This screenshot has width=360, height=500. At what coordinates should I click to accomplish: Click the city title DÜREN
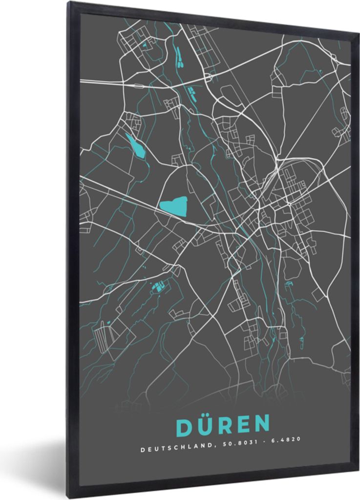coord(223,425)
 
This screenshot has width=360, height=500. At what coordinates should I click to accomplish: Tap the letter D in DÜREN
coord(184,426)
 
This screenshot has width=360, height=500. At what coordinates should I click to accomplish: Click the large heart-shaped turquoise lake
coord(174,207)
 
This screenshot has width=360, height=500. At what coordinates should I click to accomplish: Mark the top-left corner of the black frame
coord(69,3)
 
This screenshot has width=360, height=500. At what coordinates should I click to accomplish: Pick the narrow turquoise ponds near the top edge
coord(179,57)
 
